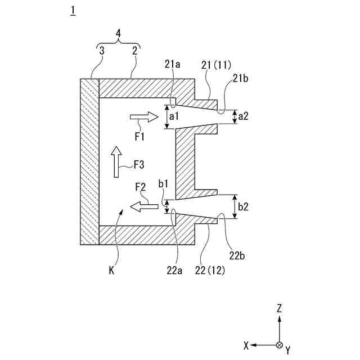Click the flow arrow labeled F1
click(144, 117)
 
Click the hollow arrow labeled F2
click(144, 206)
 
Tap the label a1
click(174, 116)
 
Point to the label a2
click(243, 116)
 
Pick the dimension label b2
click(244, 206)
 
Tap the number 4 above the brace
click(118, 33)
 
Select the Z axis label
click(280, 308)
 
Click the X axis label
click(246, 345)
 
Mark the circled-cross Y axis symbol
click(280, 344)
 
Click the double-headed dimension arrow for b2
click(234, 206)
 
